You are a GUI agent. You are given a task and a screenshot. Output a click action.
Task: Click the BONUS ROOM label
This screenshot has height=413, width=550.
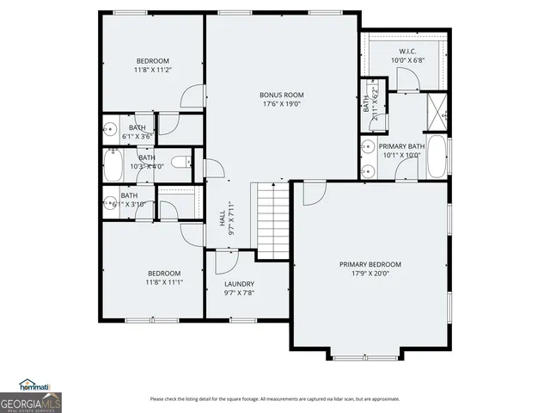click(282, 95)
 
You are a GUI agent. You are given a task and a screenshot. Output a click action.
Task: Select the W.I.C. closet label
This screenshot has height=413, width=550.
click(407, 52)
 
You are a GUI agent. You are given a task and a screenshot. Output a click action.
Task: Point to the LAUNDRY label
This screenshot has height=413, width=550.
click(239, 284)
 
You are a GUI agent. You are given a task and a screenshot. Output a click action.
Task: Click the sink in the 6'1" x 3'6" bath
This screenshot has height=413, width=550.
click(110, 130)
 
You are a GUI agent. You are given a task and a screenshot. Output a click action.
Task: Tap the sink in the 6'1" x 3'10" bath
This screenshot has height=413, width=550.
click(110, 203)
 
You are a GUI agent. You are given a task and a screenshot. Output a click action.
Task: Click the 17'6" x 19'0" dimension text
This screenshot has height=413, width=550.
click(282, 104)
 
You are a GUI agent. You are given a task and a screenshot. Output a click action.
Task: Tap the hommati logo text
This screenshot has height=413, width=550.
click(36, 386)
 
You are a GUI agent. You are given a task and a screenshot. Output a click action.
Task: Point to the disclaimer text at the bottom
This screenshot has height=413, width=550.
click(275, 398)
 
